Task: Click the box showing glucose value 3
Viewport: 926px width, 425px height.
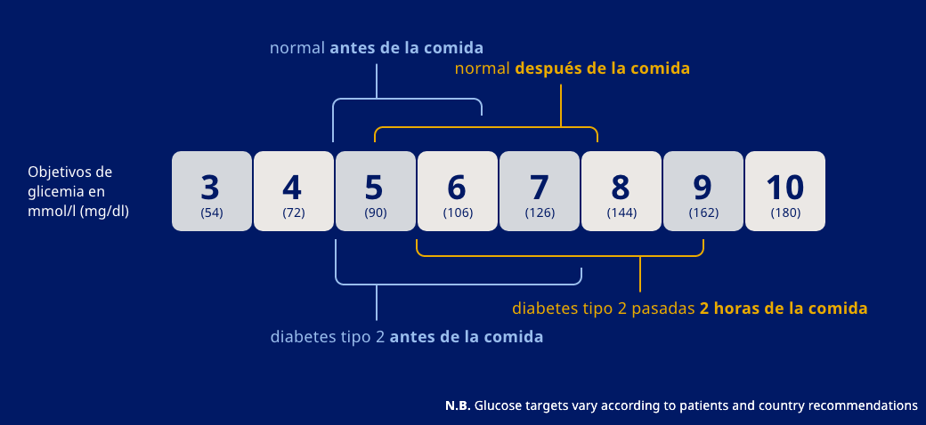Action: click(x=211, y=191)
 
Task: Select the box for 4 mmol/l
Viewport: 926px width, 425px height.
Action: click(x=294, y=191)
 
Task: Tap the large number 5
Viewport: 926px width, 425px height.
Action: click(x=374, y=188)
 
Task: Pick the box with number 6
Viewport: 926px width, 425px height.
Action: click(x=458, y=191)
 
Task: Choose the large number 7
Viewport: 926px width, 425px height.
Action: click(x=538, y=188)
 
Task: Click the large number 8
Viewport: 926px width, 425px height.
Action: click(x=620, y=188)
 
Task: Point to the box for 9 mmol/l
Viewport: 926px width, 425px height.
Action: click(x=703, y=191)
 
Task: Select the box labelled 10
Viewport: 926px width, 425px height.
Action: click(x=785, y=191)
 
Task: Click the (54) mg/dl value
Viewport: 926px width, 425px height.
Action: click(x=211, y=213)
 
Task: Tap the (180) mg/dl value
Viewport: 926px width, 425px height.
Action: click(x=785, y=213)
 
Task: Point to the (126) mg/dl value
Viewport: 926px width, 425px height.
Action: click(x=540, y=213)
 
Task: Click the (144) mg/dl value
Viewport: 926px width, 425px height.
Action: click(x=621, y=213)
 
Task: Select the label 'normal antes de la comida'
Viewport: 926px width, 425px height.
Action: click(x=376, y=48)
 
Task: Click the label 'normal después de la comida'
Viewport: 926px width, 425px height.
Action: click(x=573, y=68)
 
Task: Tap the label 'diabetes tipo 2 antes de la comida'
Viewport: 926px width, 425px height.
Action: click(x=407, y=337)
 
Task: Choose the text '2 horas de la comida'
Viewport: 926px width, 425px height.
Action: click(x=784, y=309)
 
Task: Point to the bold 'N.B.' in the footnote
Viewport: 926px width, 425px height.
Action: click(x=458, y=405)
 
